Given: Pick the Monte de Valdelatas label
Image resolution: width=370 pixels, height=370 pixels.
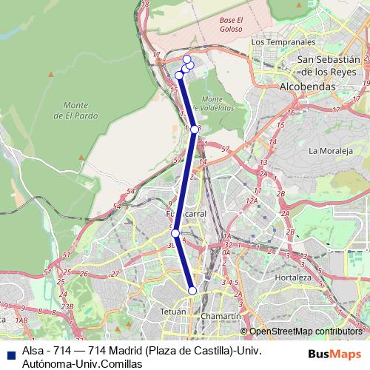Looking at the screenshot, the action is [212, 103].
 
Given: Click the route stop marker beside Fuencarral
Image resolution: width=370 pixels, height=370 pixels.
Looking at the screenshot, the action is [175, 233].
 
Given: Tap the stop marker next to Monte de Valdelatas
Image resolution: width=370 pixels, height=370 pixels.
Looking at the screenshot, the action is [195, 129].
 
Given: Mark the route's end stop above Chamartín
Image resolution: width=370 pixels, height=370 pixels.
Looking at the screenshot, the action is [192, 291].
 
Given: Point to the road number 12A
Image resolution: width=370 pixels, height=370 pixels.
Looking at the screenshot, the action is [252, 201].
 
